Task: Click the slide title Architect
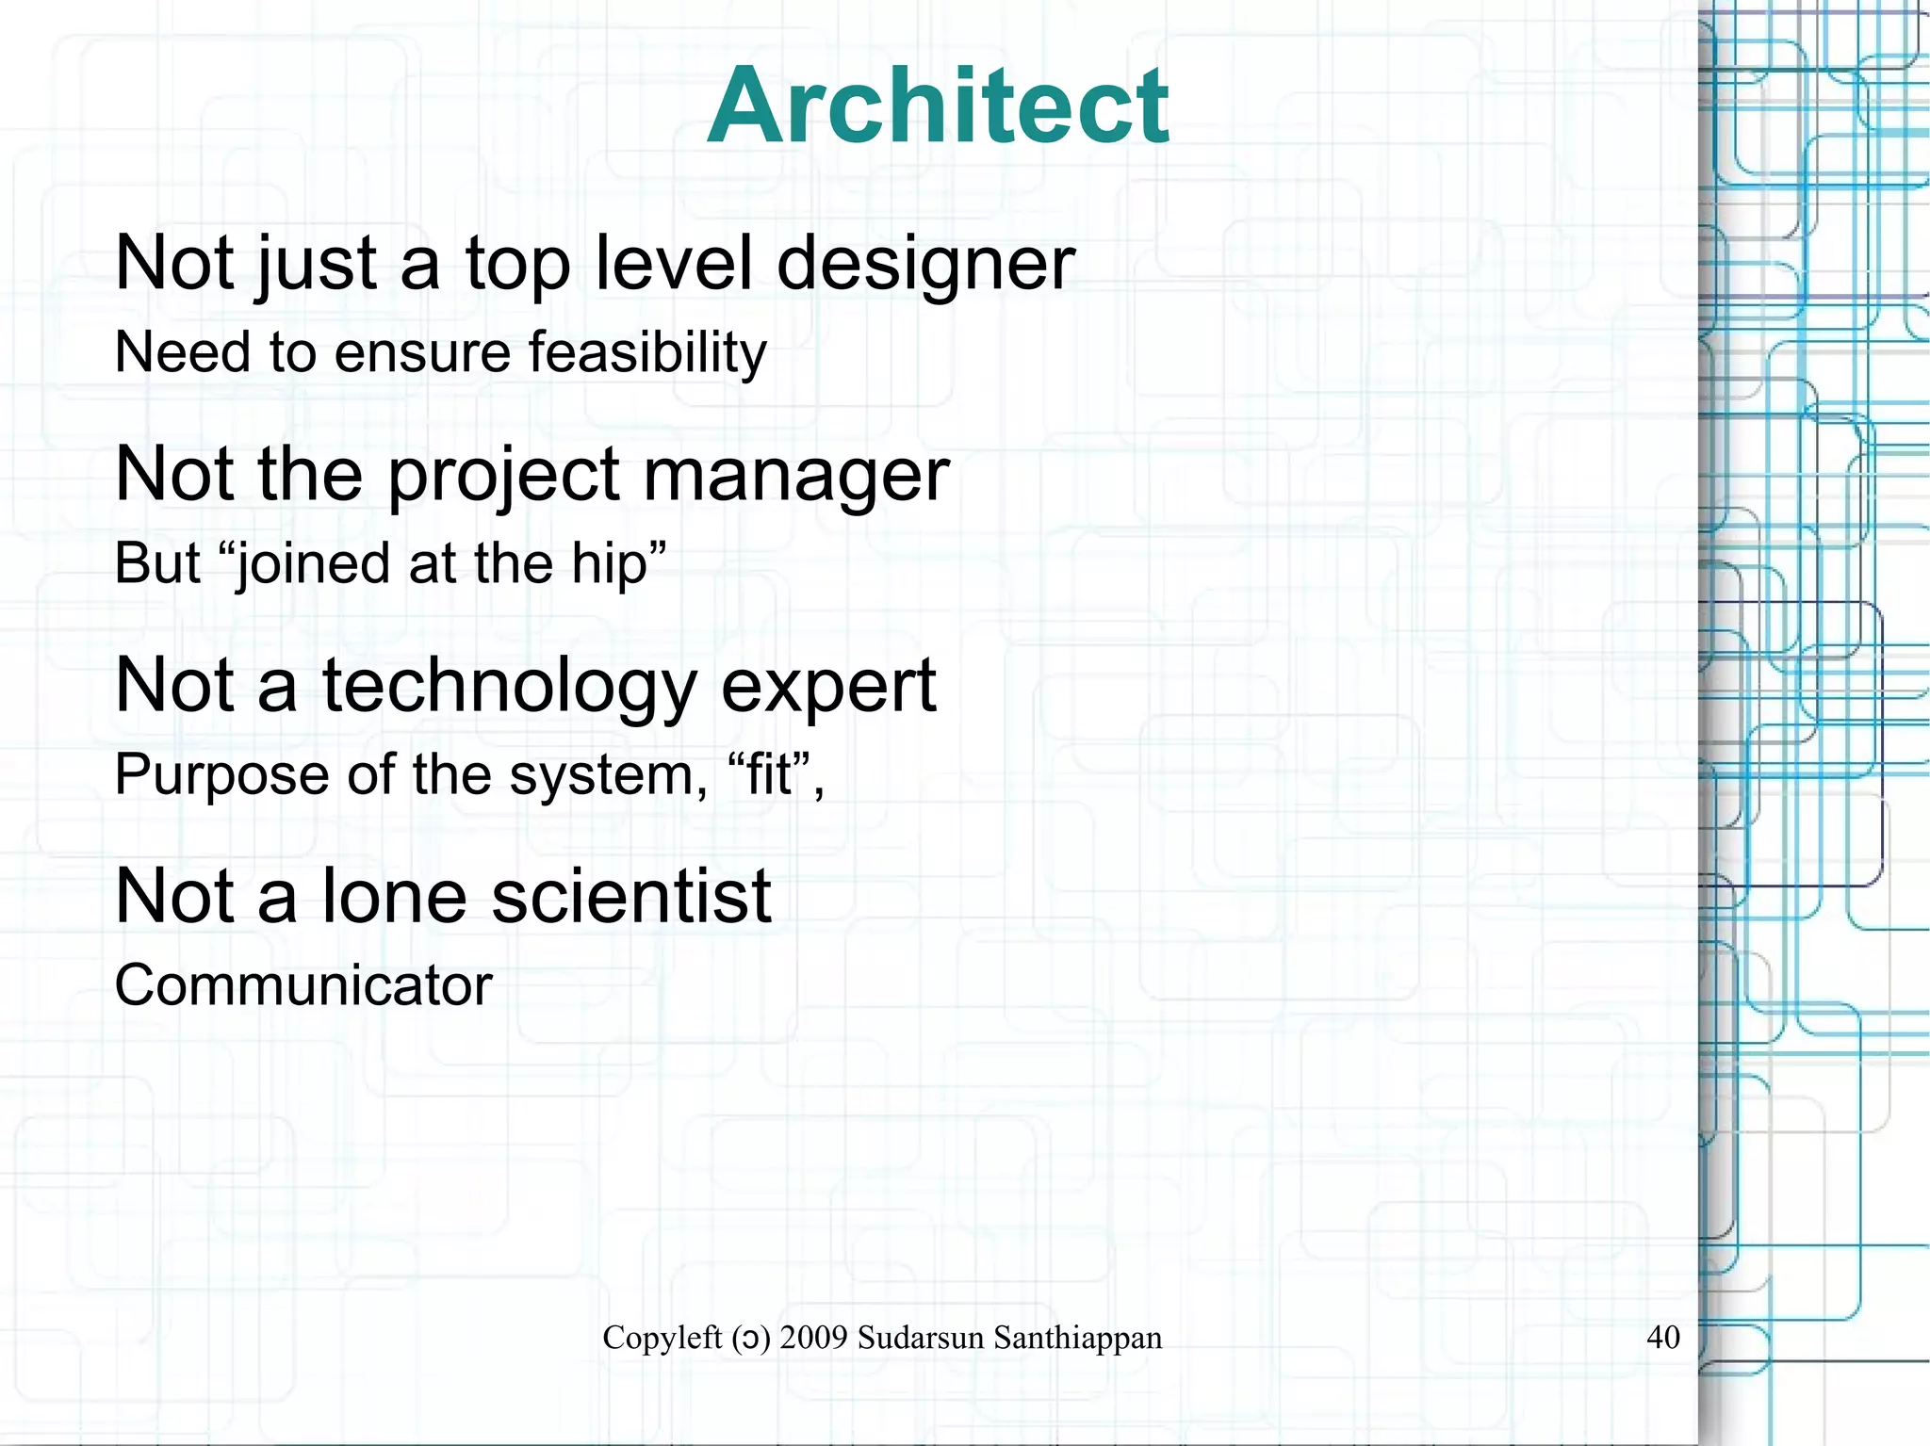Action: coord(938,106)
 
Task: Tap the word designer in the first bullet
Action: coord(925,264)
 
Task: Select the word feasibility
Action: coord(647,353)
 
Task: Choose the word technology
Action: coord(509,686)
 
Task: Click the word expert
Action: coord(828,686)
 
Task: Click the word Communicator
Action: coord(303,985)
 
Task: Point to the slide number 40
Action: coord(1663,1337)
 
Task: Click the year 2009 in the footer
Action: coord(814,1338)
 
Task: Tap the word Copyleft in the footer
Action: coord(662,1338)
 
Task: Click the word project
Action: coord(503,475)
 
